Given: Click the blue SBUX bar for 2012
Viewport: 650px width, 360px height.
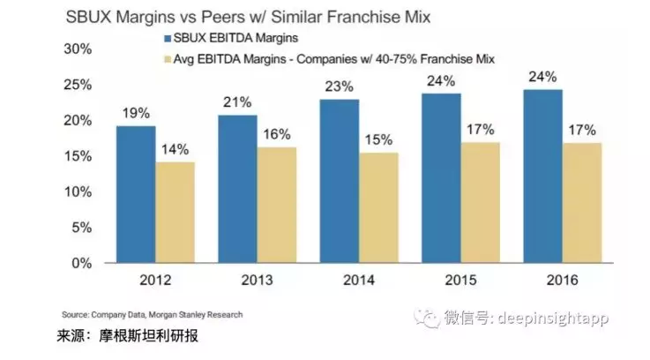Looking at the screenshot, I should click(136, 194).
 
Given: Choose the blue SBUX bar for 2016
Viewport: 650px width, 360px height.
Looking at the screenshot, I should click(541, 176).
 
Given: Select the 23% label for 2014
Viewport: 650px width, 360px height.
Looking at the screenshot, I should click(339, 86).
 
